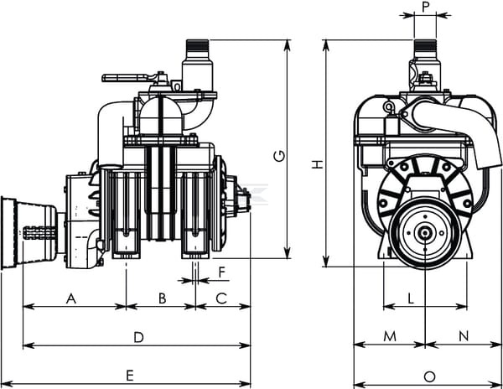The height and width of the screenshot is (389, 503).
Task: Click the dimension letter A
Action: [71, 298]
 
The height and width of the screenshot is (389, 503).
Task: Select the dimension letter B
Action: [162, 298]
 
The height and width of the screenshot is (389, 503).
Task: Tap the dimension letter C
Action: [222, 298]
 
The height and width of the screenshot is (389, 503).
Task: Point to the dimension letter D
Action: [139, 337]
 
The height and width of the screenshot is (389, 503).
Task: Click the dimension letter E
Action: [130, 376]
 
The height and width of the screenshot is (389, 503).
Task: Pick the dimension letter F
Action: [222, 272]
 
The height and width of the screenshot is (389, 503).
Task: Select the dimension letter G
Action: [278, 155]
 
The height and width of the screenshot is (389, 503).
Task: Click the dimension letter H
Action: [317, 165]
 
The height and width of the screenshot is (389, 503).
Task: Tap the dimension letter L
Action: [410, 298]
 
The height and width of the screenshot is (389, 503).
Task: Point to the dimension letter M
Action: [389, 336]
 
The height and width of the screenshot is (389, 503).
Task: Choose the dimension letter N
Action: [464, 336]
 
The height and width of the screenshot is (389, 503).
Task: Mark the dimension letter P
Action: [426, 7]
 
